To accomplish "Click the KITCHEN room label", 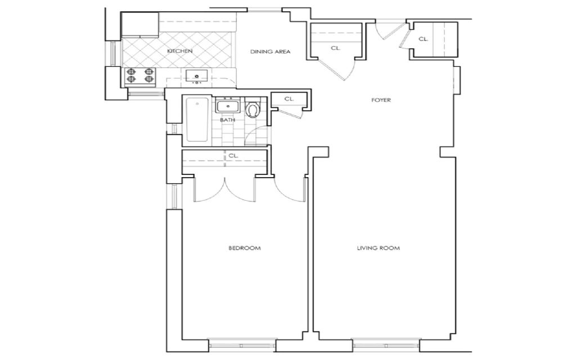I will (x=180, y=51).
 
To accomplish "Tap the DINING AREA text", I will (x=270, y=52).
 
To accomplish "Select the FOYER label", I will (x=381, y=100).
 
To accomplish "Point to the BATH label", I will (x=227, y=120).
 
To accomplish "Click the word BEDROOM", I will (x=244, y=248).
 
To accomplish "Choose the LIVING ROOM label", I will (x=379, y=248).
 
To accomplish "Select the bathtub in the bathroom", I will (x=196, y=120).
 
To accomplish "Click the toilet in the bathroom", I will (x=253, y=109).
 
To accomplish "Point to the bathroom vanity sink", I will (x=228, y=105).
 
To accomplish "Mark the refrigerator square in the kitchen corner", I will (x=140, y=25).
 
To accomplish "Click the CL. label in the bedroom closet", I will (x=233, y=156).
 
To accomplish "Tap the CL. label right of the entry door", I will (x=422, y=39).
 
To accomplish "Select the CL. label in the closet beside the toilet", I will (x=289, y=99).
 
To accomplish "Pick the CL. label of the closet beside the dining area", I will (x=336, y=48).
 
